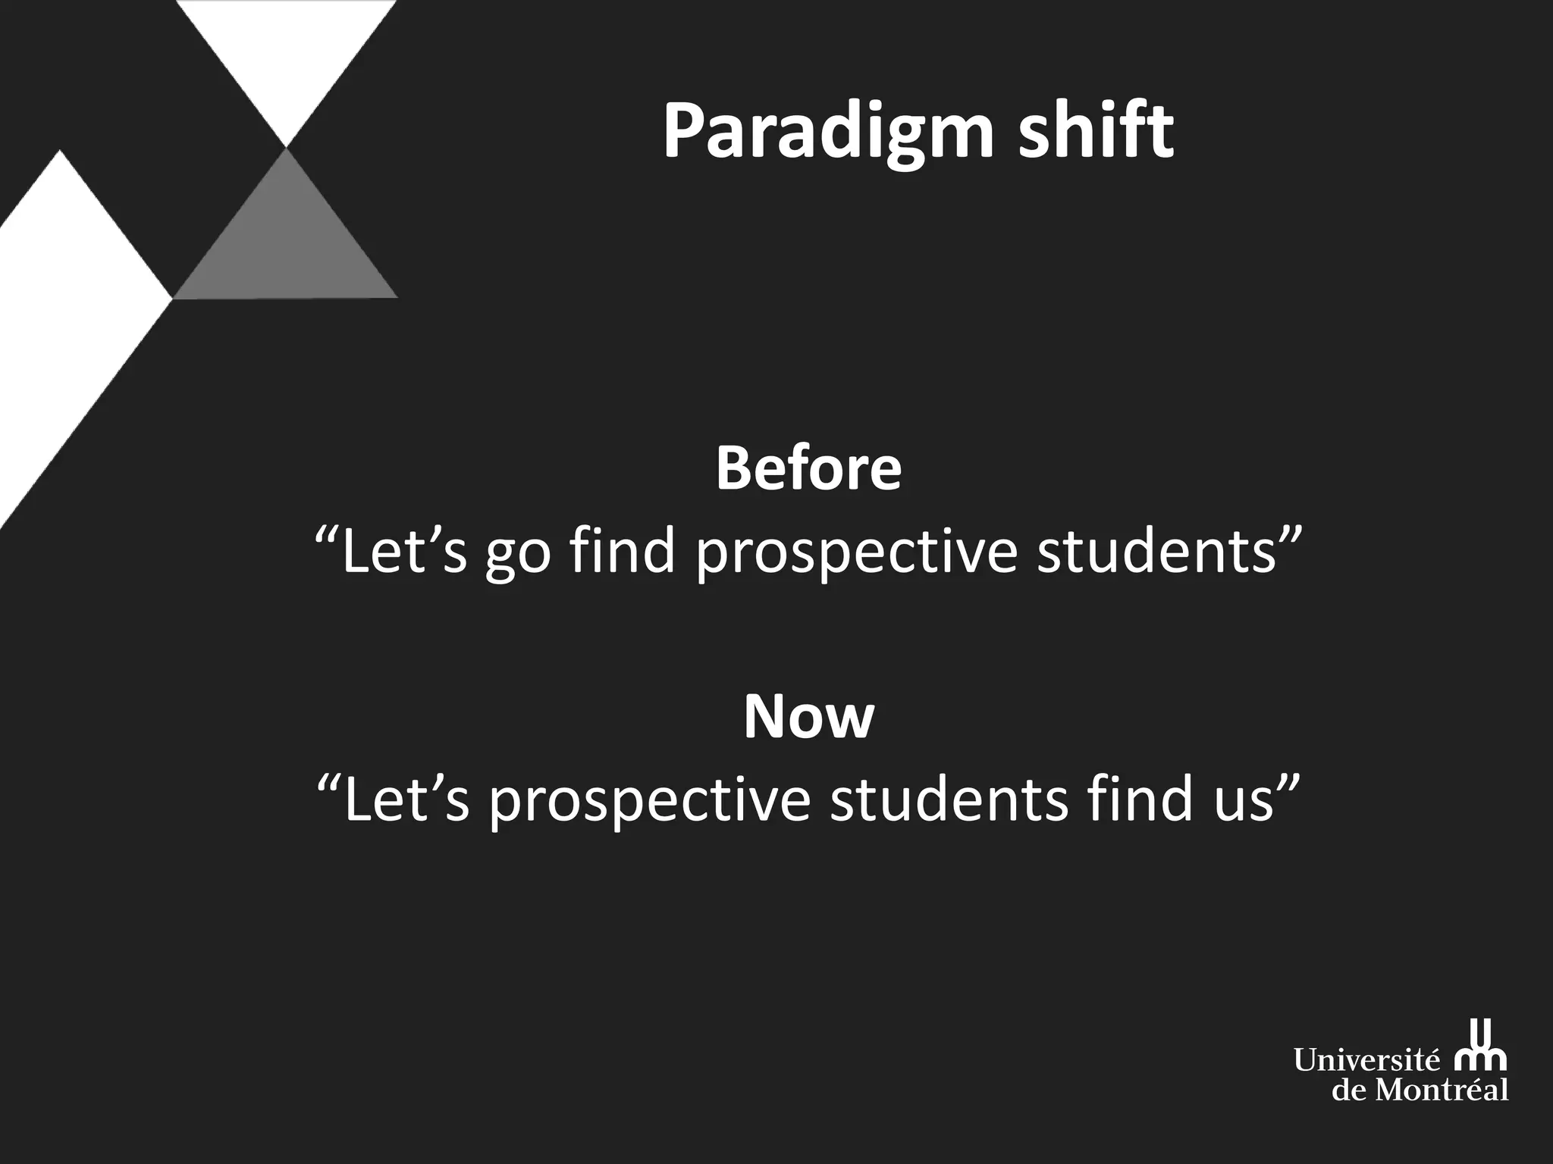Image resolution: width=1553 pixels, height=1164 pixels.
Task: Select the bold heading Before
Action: (808, 469)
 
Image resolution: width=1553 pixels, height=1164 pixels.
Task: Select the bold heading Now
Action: (808, 717)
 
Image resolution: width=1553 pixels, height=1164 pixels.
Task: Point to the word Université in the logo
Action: (1366, 1060)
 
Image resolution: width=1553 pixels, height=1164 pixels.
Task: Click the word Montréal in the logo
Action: (1441, 1090)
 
